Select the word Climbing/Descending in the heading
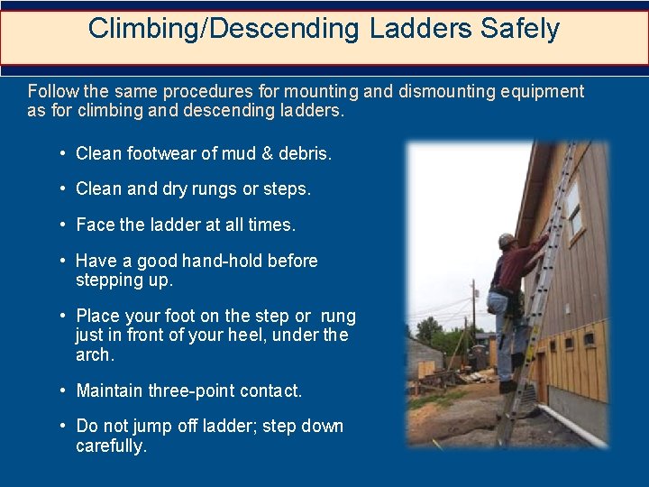(224, 29)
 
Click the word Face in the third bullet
(94, 225)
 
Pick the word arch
(95, 354)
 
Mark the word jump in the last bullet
(169, 427)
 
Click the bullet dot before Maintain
(64, 391)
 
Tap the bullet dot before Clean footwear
(64, 154)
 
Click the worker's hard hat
(506, 241)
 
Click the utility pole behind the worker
(472, 316)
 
